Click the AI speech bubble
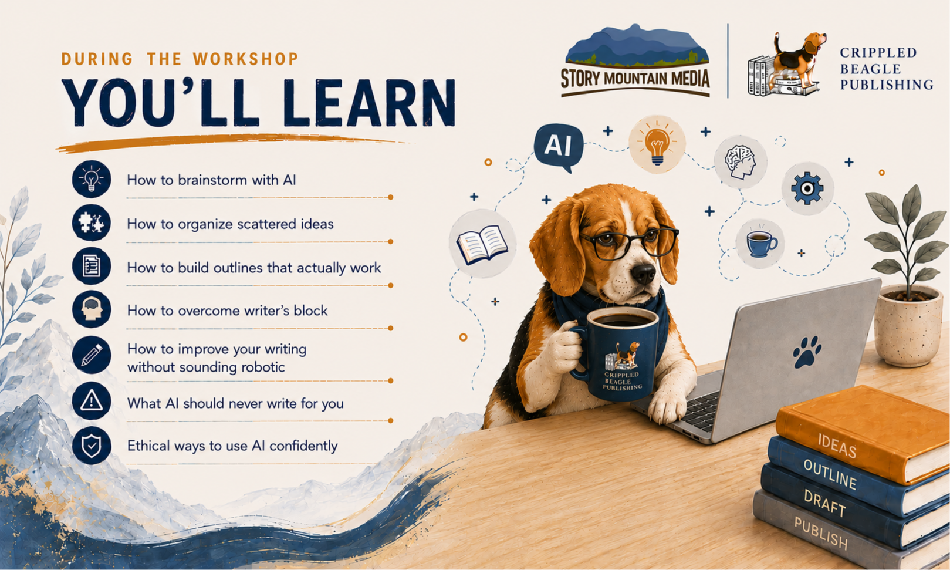pyautogui.click(x=557, y=146)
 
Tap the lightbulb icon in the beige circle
pyautogui.click(x=657, y=144)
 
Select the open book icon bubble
pyautogui.click(x=483, y=244)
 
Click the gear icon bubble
pyautogui.click(x=807, y=188)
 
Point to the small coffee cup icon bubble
pyautogui.click(x=760, y=244)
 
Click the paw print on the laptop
pyautogui.click(x=807, y=352)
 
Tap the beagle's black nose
pyautogui.click(x=643, y=274)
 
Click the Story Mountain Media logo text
pyautogui.click(x=635, y=79)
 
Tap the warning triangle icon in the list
pyautogui.click(x=92, y=401)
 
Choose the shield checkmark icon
pyautogui.click(x=92, y=445)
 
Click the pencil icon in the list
pyautogui.click(x=92, y=355)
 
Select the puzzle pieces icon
pyautogui.click(x=92, y=223)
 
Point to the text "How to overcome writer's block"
pyautogui.click(x=227, y=311)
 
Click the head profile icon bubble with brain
pyautogui.click(x=741, y=161)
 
